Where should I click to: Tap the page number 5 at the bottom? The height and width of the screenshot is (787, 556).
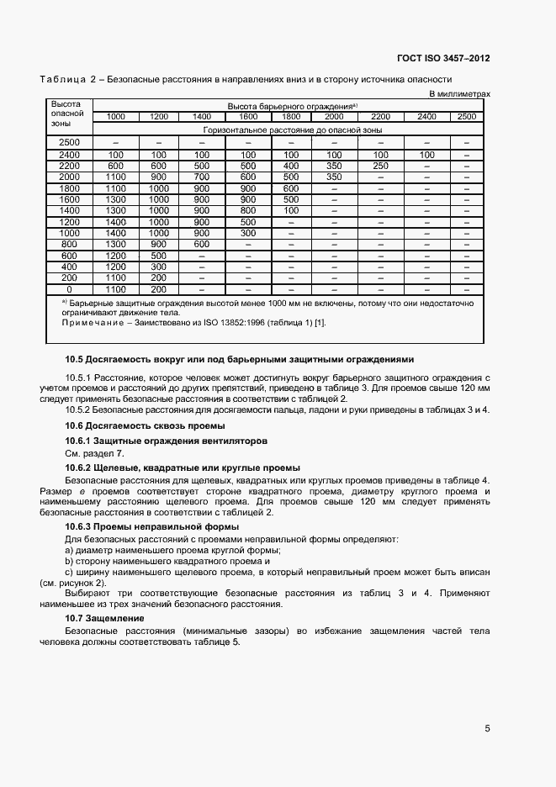click(x=487, y=728)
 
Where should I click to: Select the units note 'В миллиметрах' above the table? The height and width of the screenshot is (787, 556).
click(x=459, y=94)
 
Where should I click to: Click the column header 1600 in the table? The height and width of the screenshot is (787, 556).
click(x=247, y=116)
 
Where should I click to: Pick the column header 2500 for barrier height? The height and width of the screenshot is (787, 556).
click(x=466, y=116)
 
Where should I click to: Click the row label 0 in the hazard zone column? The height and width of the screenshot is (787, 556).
click(x=69, y=289)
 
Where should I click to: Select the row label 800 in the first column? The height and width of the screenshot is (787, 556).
click(x=69, y=244)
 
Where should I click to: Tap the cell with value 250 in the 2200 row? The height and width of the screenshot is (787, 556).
click(x=380, y=166)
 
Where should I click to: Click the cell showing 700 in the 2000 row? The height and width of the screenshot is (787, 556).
click(x=202, y=177)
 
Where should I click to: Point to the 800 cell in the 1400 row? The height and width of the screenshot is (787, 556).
click(x=247, y=210)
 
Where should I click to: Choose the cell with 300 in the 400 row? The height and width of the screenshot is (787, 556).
click(x=158, y=267)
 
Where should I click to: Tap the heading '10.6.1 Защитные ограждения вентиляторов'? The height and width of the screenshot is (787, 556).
click(x=166, y=441)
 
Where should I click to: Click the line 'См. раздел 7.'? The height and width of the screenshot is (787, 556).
click(x=94, y=453)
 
